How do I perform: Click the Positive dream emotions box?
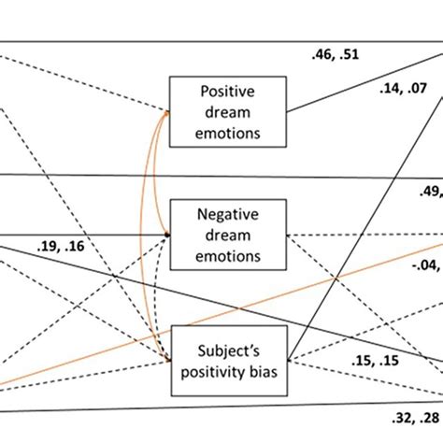(227, 111)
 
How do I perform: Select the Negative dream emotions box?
(227, 234)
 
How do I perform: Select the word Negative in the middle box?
(227, 215)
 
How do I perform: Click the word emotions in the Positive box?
(227, 130)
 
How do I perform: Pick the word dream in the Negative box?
(227, 234)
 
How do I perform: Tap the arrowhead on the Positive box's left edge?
(168, 112)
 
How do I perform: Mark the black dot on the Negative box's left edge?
(168, 235)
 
